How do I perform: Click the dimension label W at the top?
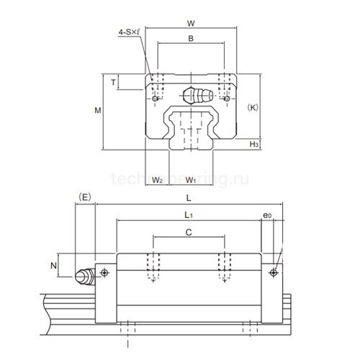point(191,23)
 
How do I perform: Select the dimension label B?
point(191,39)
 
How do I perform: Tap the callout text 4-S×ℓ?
point(130,32)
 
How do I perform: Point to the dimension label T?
point(113,82)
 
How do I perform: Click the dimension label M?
point(98,110)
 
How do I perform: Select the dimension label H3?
point(254,145)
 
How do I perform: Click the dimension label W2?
point(158,179)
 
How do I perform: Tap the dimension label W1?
point(192,179)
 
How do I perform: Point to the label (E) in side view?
point(86,196)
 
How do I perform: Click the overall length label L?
point(188,197)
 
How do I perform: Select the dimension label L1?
point(188,215)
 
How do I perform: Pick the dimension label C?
point(188,232)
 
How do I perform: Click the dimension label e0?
point(267,215)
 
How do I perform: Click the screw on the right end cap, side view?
point(273,272)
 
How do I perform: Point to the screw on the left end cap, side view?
point(105,272)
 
